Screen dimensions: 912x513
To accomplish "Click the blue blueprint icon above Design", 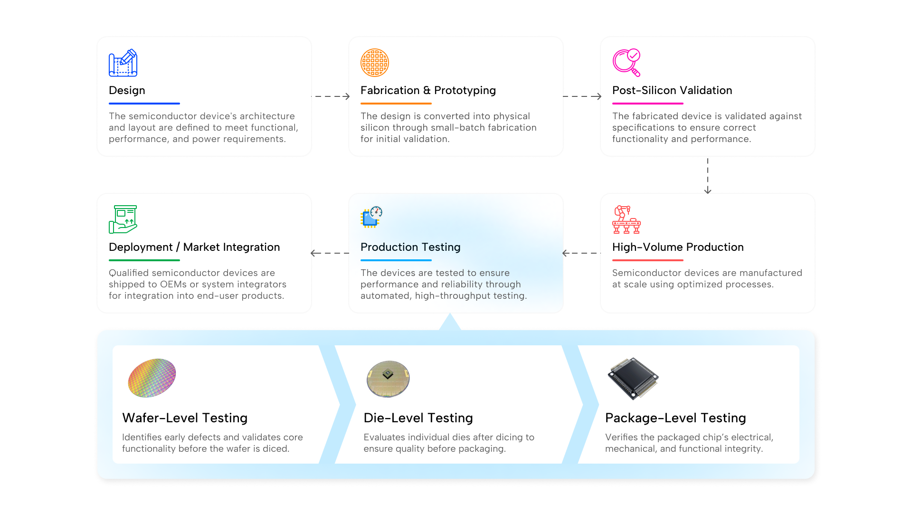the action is pyautogui.click(x=123, y=63).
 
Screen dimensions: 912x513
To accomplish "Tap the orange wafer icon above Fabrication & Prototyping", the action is pyautogui.click(x=375, y=63).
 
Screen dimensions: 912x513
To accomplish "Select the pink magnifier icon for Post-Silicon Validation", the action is pyautogui.click(x=627, y=63).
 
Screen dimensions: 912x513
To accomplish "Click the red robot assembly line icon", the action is pyautogui.click(x=627, y=219).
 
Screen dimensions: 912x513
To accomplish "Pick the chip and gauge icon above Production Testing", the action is pyautogui.click(x=371, y=218).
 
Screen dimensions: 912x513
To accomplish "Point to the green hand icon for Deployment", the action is pyautogui.click(x=123, y=219).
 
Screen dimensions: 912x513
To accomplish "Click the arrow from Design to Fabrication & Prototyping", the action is pyautogui.click(x=331, y=96).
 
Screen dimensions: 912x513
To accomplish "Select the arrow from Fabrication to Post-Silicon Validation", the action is pyautogui.click(x=582, y=96).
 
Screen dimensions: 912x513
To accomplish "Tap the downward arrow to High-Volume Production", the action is pyautogui.click(x=708, y=176).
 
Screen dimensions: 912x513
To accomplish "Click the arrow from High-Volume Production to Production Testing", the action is pyautogui.click(x=581, y=253).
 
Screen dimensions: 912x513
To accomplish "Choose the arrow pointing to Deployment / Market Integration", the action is pyautogui.click(x=330, y=253).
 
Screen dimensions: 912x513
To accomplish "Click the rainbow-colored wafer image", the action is pyautogui.click(x=152, y=378).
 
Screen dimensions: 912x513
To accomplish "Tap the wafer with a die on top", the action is pyautogui.click(x=388, y=379).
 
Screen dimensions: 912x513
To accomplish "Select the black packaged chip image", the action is pyautogui.click(x=633, y=379).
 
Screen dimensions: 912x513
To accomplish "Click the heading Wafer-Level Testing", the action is pyautogui.click(x=185, y=418).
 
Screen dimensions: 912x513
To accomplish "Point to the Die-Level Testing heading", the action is pyautogui.click(x=418, y=418).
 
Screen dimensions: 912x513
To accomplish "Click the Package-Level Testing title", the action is pyautogui.click(x=675, y=418).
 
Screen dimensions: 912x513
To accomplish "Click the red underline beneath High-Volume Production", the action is pyautogui.click(x=648, y=260).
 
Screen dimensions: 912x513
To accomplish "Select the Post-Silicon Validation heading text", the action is pyautogui.click(x=672, y=90).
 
